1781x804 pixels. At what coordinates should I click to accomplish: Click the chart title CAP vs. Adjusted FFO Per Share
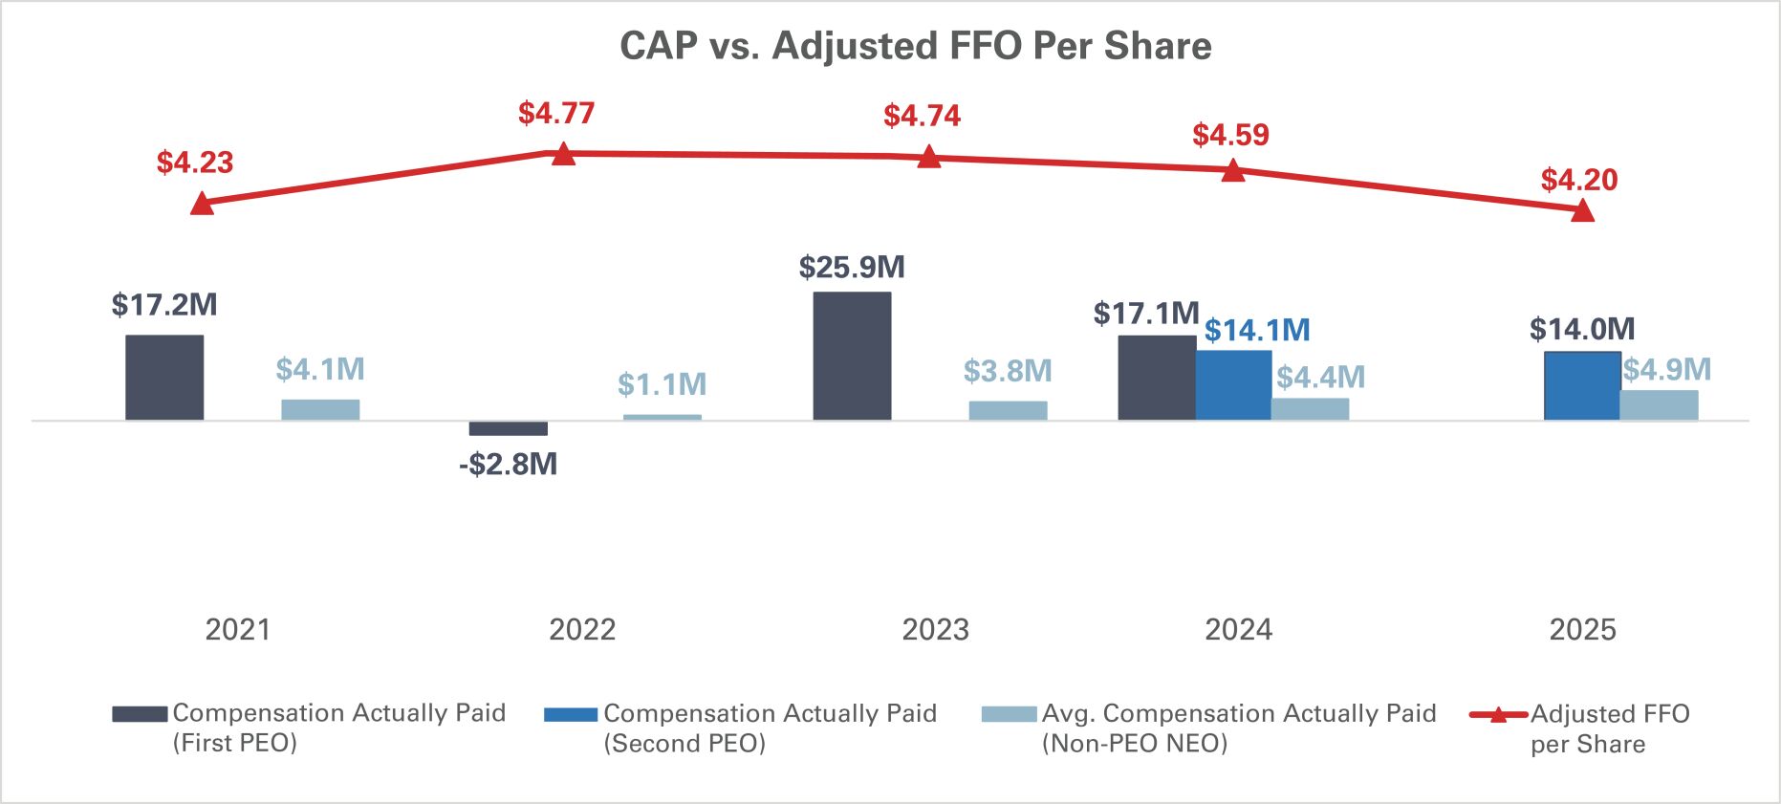[915, 46]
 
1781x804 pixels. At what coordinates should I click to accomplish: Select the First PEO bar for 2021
[164, 378]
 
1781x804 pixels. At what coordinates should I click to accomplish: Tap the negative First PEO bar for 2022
[508, 428]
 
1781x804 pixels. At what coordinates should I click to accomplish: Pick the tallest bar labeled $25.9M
[852, 356]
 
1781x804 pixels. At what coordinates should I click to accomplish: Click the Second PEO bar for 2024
[1233, 385]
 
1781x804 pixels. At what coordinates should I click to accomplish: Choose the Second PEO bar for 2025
[1582, 386]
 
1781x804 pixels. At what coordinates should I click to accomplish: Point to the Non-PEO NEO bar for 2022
[662, 417]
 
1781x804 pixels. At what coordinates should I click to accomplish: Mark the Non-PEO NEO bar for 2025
[1659, 405]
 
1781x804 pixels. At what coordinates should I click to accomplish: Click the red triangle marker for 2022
[563, 154]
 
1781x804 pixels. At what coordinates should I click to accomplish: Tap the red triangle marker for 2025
[1582, 211]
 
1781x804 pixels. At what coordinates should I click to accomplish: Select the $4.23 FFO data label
[195, 163]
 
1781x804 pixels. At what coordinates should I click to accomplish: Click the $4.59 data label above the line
[1230, 135]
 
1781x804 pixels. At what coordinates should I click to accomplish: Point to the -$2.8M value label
[508, 465]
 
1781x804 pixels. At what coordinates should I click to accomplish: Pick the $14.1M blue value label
[1256, 331]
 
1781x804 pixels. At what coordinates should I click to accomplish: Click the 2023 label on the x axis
[935, 630]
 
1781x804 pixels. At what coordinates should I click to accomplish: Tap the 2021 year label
[238, 630]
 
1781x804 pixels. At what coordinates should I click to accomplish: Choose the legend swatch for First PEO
[140, 714]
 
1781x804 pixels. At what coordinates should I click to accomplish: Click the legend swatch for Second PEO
[571, 714]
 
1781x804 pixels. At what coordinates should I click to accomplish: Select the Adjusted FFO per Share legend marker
[1497, 714]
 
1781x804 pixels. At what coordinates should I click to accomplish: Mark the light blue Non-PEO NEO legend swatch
[1009, 714]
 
